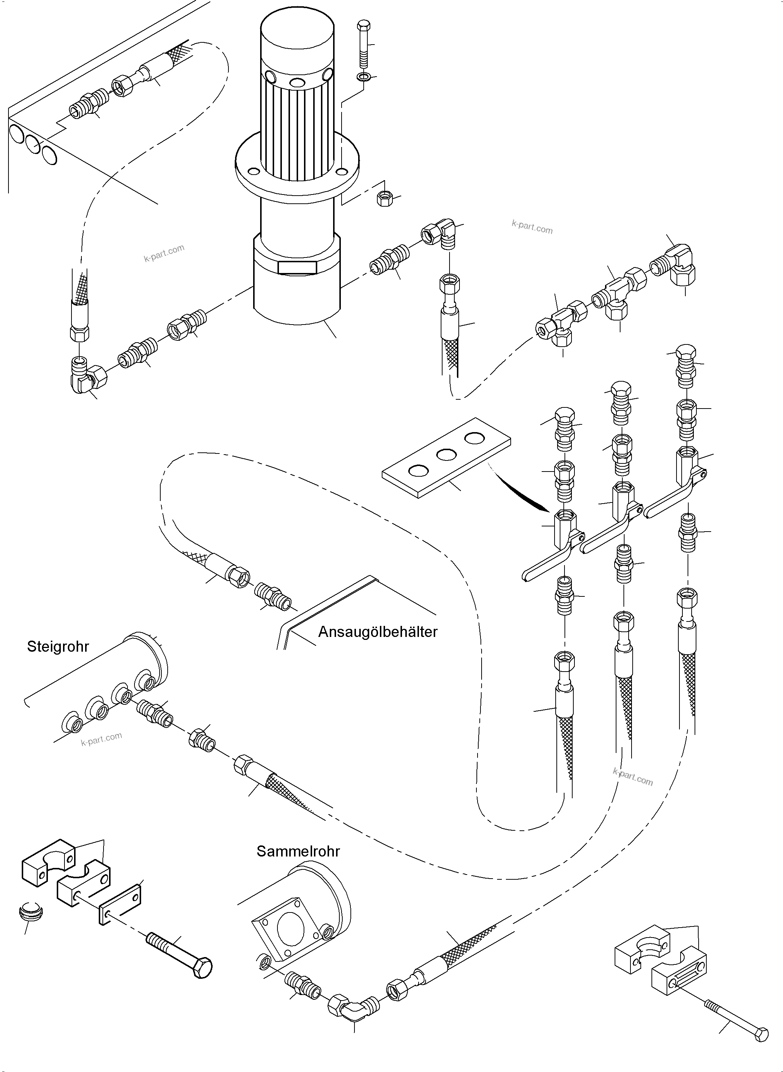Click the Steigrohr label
click(58, 647)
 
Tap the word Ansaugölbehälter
click(377, 632)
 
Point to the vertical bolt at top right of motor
click(364, 45)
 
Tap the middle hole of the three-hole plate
click(446, 455)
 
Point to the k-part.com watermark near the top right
click(532, 227)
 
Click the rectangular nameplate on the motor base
click(297, 267)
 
